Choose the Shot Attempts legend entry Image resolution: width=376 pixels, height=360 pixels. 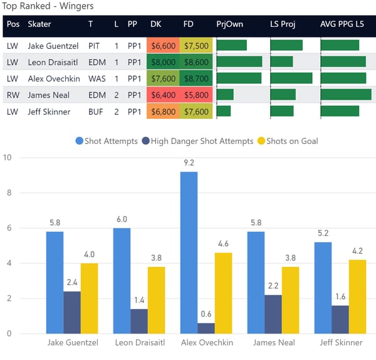click(106, 141)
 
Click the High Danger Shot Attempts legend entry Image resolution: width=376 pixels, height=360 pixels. click(197, 141)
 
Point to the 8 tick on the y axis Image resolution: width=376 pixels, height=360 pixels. click(8, 193)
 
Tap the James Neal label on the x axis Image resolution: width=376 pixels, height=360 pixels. click(273, 343)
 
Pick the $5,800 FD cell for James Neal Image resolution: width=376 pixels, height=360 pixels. click(196, 95)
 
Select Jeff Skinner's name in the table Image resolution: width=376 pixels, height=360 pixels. click(49, 111)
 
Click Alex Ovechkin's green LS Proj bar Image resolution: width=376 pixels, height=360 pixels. click(291, 78)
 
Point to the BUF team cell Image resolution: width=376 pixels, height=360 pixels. click(95, 111)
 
